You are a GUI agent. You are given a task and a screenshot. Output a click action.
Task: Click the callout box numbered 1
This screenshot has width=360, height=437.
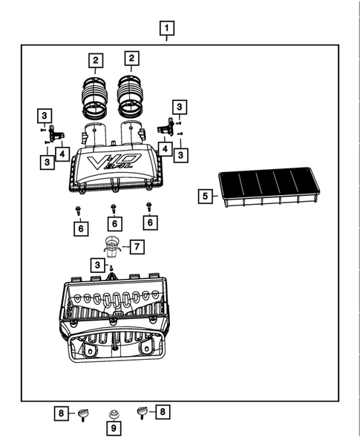[167, 28]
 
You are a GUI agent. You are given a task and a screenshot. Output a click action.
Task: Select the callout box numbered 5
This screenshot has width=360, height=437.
[205, 196]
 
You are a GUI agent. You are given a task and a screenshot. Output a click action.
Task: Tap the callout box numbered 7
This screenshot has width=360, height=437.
[137, 246]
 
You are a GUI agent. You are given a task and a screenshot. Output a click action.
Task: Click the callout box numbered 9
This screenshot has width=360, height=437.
[114, 428]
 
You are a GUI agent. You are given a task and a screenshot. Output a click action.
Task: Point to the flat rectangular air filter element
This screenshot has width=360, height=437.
[269, 187]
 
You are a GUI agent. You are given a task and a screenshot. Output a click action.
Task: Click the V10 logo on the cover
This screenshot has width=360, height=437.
[114, 162]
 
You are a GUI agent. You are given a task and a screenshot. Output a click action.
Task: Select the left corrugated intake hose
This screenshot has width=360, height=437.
[94, 96]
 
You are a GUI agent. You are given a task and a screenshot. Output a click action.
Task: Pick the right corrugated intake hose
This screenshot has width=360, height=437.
[130, 96]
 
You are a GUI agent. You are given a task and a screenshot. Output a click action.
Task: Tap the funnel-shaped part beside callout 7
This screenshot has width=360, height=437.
[112, 247]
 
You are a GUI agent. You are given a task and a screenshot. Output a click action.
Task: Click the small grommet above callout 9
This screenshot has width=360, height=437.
[114, 414]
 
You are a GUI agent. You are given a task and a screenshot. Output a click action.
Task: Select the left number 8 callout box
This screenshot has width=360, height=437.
[62, 413]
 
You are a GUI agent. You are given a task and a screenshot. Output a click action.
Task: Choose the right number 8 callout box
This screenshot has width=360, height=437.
[163, 412]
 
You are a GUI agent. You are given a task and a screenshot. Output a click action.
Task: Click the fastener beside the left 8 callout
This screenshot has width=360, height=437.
[82, 415]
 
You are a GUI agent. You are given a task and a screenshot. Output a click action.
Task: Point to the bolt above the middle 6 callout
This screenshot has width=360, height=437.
[114, 209]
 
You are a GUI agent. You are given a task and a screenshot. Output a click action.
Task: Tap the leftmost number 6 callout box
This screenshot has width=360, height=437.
[81, 229]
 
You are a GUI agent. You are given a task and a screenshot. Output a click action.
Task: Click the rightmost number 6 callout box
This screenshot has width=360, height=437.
[150, 223]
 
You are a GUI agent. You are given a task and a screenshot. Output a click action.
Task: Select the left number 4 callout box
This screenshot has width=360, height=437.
[62, 154]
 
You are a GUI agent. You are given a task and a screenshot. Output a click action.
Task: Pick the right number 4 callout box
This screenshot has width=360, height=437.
[165, 149]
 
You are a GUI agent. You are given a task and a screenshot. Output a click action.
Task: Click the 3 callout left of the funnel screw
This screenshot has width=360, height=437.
[97, 265]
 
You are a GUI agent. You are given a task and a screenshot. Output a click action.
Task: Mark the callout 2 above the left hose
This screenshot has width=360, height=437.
[96, 61]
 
